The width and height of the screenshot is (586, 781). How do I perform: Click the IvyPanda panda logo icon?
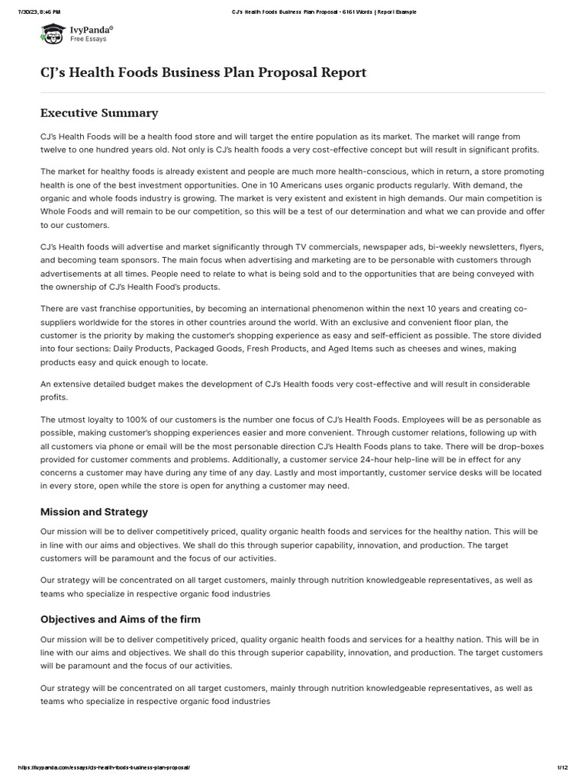pos(53,33)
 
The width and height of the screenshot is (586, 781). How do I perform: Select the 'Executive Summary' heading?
pos(99,113)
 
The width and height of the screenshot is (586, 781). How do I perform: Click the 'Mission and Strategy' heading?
pos(94,512)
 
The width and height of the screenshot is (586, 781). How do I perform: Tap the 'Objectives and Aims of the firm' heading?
pos(121,619)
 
